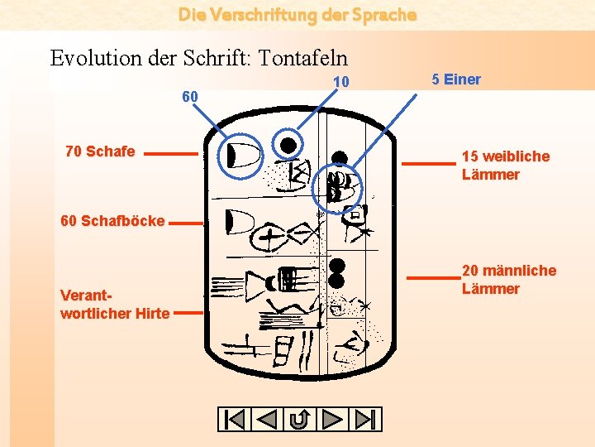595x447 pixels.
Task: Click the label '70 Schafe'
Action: (x=100, y=151)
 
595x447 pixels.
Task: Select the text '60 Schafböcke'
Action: (x=112, y=221)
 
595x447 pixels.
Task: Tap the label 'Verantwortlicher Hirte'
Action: (x=115, y=305)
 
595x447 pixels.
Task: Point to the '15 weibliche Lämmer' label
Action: (x=505, y=165)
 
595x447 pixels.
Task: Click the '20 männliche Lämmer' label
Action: (x=508, y=279)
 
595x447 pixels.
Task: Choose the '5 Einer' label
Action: (x=455, y=79)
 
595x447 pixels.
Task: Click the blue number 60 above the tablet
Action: (x=190, y=97)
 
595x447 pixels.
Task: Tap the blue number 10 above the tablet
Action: (x=341, y=82)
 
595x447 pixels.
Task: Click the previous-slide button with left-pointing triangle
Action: (x=267, y=420)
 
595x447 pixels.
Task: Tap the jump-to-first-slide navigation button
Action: (x=235, y=420)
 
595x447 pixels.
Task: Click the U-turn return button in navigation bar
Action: (x=300, y=420)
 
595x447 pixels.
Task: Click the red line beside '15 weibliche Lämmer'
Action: (x=427, y=164)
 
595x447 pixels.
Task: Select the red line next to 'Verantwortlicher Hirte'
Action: (x=189, y=313)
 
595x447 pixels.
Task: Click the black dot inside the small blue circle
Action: (x=288, y=146)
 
